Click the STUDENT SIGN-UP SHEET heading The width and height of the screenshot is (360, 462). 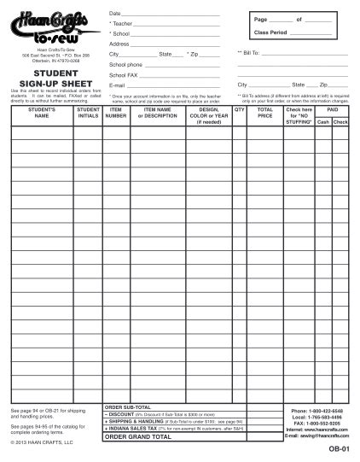pos(50,78)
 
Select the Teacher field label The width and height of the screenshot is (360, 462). pos(125,24)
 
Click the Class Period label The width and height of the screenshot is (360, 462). pos(270,32)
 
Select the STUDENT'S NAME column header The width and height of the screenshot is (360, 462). pos(40,114)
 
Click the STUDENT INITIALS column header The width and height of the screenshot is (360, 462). pos(88,114)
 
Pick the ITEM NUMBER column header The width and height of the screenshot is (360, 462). pos(116,114)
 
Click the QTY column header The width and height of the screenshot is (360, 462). pos(240,110)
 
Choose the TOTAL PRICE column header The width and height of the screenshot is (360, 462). pos(265,114)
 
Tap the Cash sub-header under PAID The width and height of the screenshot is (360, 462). pos(323,122)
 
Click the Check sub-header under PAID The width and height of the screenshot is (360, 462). pos(340,122)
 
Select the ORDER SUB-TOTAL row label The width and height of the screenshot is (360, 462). pos(128,407)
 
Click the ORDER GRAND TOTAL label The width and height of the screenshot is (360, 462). pos(137,436)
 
